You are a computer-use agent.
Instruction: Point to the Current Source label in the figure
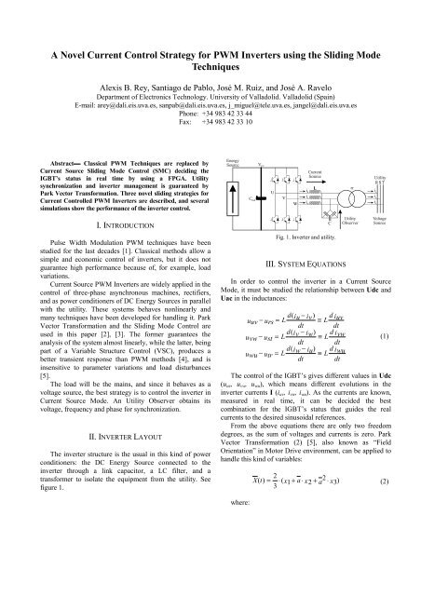click(x=315, y=173)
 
